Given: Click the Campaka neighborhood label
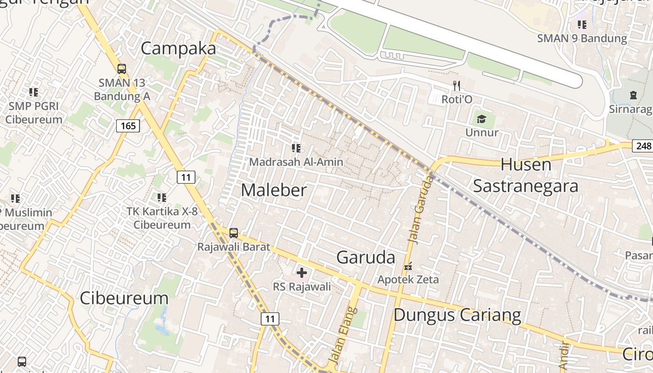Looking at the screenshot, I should pyautogui.click(x=179, y=48).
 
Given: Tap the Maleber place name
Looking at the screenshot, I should pyautogui.click(x=274, y=190).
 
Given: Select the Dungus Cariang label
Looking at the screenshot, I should pyautogui.click(x=457, y=315).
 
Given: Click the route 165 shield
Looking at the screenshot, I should pyautogui.click(x=128, y=125).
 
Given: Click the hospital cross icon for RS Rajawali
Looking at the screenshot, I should pyautogui.click(x=302, y=273).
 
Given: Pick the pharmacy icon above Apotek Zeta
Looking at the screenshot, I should pyautogui.click(x=408, y=266).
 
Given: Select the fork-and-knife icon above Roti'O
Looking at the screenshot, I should pyautogui.click(x=457, y=86).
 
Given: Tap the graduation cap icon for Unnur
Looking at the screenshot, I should pyautogui.click(x=481, y=119).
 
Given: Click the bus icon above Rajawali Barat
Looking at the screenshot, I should pyautogui.click(x=234, y=233).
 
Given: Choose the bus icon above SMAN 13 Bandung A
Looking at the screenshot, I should pyautogui.click(x=122, y=69).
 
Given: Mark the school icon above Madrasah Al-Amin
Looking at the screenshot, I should pyautogui.click(x=296, y=148).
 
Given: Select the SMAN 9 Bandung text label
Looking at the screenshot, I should pyautogui.click(x=582, y=38).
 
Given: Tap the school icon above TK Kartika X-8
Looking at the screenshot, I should pyautogui.click(x=161, y=198).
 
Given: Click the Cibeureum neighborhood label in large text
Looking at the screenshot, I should pyautogui.click(x=124, y=298).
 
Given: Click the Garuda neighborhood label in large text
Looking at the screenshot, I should pyautogui.click(x=366, y=257).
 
